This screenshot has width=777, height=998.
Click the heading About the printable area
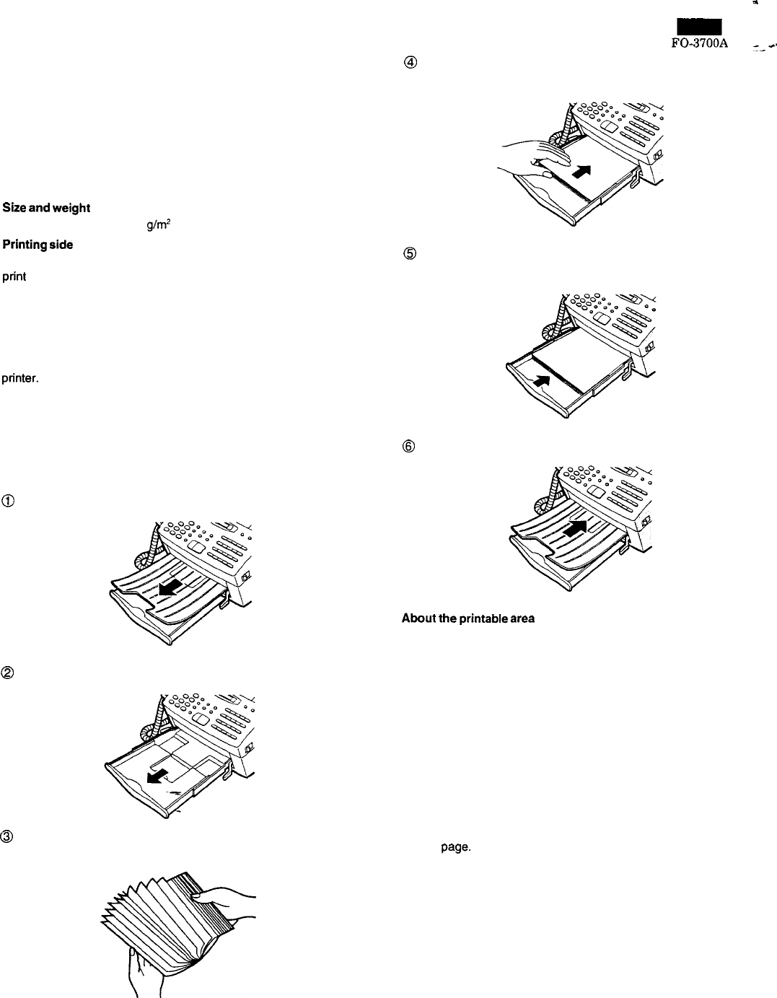(467, 618)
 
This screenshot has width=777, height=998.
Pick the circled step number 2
(8, 673)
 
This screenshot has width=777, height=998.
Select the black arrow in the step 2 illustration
(157, 774)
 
